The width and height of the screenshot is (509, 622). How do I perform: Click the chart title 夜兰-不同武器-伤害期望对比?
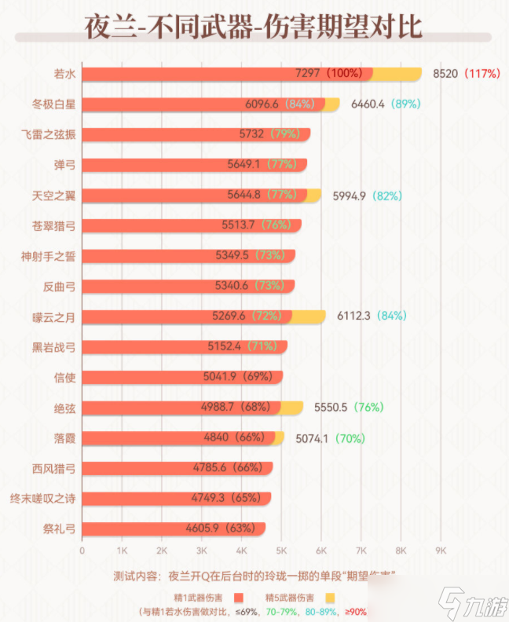click(254, 25)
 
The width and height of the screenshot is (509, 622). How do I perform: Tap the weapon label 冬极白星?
click(55, 104)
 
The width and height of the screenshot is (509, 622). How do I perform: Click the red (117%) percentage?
click(482, 74)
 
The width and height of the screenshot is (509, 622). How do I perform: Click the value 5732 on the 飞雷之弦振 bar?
click(252, 134)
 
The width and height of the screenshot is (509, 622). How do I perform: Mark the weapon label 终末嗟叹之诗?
click(44, 499)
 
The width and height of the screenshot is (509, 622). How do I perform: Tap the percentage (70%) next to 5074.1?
click(352, 438)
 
